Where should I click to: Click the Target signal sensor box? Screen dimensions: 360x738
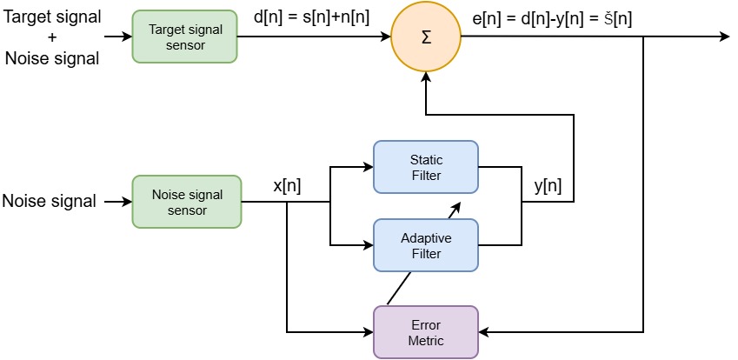186,37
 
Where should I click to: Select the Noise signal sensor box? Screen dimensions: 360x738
186,202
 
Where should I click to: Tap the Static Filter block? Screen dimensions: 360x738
426,167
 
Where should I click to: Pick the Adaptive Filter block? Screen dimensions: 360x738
426,245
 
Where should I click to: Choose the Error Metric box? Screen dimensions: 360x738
426,332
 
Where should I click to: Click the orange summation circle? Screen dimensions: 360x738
426,37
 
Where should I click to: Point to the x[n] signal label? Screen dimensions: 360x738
286,185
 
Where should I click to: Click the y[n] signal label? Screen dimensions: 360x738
547,185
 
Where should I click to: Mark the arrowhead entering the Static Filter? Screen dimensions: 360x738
368,167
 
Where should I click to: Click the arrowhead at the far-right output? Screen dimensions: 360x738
723,37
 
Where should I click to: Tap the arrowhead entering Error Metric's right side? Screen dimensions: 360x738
485,332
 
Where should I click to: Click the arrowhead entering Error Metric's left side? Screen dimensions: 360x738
368,332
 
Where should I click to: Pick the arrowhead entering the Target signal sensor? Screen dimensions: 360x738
127,37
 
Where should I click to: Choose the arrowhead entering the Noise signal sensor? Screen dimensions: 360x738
127,202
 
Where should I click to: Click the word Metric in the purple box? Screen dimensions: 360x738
426,340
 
